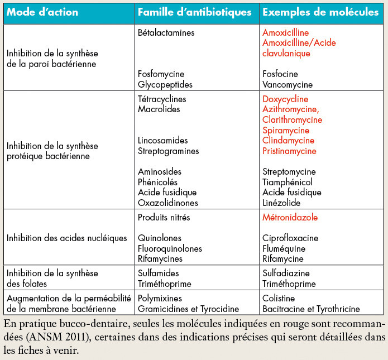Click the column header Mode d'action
pos(42,12)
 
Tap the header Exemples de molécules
pos(320,12)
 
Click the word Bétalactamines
pos(166,33)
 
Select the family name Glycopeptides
pos(165,85)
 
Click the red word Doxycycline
pos(286,99)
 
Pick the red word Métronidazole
pos(290,217)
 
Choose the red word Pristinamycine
pos(289,151)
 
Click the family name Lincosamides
pos(162,140)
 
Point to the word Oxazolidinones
pos(167,203)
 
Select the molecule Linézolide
pos(281,203)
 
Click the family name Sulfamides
pos(158,273)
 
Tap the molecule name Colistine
pos(279,299)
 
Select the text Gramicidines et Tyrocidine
pos(188,309)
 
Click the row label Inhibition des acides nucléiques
pos(67,238)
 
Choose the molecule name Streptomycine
pos(289,171)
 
